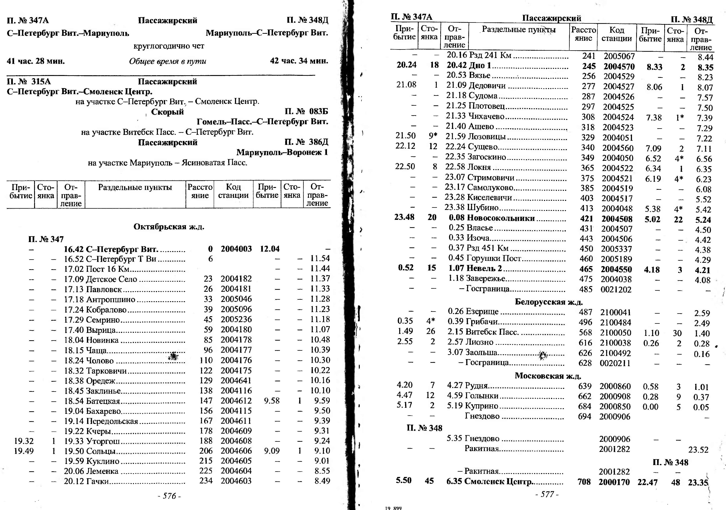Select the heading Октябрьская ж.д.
pos(169,227)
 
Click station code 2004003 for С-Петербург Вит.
pos(236,249)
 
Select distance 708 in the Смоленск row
pos(584,482)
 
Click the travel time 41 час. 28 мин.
pos(36,61)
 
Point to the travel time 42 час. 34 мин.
pos(299,61)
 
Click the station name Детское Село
pos(112,279)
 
